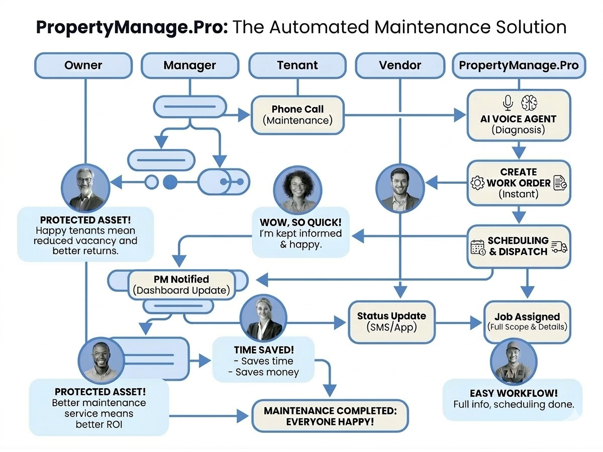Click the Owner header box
pyautogui.click(x=83, y=65)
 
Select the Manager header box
pyautogui.click(x=189, y=65)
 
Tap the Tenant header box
pyautogui.click(x=297, y=65)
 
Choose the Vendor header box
pyautogui.click(x=400, y=65)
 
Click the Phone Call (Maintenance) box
pyautogui.click(x=297, y=115)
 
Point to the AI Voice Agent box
pyautogui.click(x=519, y=115)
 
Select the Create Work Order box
pyautogui.click(x=519, y=183)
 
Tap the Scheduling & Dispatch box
pyautogui.click(x=519, y=246)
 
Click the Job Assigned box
pyautogui.click(x=527, y=321)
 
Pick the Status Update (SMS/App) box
pyautogui.click(x=391, y=321)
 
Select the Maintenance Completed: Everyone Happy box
pyautogui.click(x=330, y=416)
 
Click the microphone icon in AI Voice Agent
pyautogui.click(x=508, y=103)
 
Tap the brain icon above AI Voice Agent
pyautogui.click(x=529, y=103)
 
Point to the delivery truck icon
pyautogui.click(x=559, y=246)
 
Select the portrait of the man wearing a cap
pyautogui.click(x=513, y=363)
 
